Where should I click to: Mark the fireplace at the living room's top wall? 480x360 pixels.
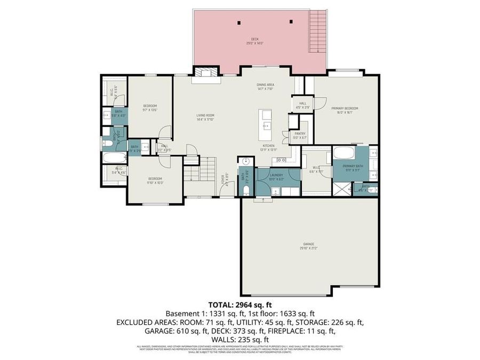202,74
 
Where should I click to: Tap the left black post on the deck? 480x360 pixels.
238,22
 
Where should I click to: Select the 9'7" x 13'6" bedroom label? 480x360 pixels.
150,108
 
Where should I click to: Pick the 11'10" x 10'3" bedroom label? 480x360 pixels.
155,180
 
